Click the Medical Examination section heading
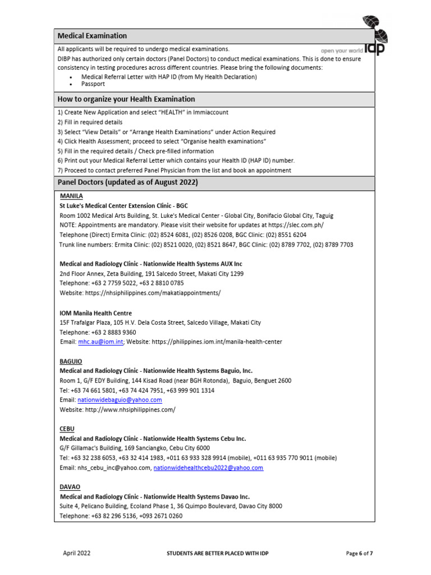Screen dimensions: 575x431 (x=93, y=36)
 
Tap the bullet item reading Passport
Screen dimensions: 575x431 (x=93, y=84)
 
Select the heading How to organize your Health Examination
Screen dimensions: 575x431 (x=126, y=99)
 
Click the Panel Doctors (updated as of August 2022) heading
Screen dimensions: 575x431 (x=127, y=183)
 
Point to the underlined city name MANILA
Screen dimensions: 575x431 (x=71, y=196)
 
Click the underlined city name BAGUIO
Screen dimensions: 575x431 (x=71, y=361)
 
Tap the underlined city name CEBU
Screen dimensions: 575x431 (x=67, y=428)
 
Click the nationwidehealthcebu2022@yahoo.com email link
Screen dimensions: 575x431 (x=208, y=468)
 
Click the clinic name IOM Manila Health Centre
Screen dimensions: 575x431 (x=96, y=313)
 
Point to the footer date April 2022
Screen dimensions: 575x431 (x=76, y=554)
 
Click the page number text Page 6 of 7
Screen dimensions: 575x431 (x=360, y=554)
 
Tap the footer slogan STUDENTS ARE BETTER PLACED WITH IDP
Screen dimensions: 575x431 (x=218, y=554)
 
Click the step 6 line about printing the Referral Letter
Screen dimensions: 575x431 (x=176, y=161)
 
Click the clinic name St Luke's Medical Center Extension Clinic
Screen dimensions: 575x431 (x=123, y=206)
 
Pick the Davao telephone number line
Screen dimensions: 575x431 (x=121, y=515)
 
